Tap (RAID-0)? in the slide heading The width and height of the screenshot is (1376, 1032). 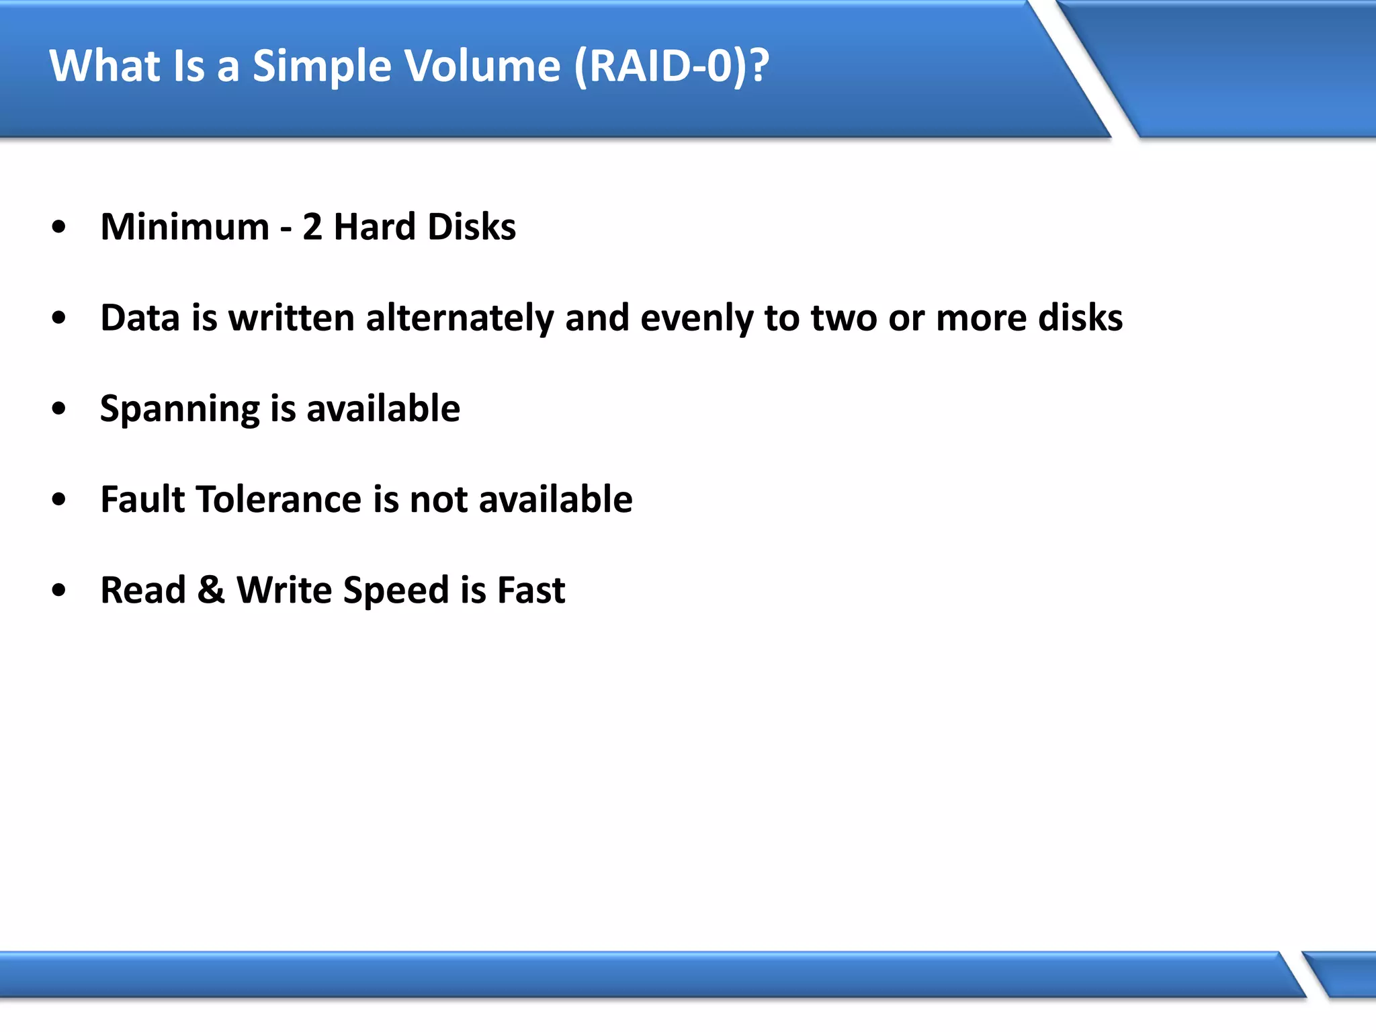(x=671, y=67)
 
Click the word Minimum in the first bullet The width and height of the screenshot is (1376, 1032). (x=185, y=227)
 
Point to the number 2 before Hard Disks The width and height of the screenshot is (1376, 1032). (x=312, y=227)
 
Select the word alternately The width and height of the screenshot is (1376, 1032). (x=460, y=318)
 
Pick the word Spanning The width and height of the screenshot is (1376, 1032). (x=179, y=409)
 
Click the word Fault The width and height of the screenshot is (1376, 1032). (x=142, y=499)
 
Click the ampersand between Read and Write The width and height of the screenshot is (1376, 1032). (x=211, y=590)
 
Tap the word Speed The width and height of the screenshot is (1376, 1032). (x=395, y=591)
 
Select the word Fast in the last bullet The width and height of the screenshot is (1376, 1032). (x=531, y=590)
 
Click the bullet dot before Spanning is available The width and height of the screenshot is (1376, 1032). (x=59, y=408)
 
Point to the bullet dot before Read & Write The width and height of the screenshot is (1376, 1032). (x=59, y=590)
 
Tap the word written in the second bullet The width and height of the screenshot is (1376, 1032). (x=292, y=318)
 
